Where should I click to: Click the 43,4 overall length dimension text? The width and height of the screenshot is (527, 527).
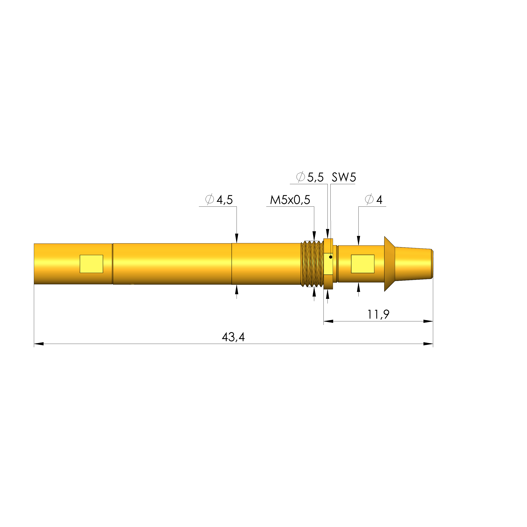pos(233,337)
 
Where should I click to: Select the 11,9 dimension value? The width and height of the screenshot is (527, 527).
pos(378,314)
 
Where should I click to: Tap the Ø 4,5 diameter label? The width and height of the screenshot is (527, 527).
pos(219,200)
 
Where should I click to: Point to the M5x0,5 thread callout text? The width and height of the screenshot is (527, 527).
pos(290,200)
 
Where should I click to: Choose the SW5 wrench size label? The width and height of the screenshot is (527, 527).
pos(344,177)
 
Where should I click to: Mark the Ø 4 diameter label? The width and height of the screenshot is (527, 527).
pos(374,200)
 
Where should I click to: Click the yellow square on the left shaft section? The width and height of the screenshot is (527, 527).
pos(91,264)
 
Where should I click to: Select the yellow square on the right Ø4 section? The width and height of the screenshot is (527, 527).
pos(362,264)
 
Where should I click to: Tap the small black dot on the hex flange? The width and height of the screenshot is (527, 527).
pos(331,257)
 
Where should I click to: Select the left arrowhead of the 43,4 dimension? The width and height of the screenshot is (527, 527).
pos(39,344)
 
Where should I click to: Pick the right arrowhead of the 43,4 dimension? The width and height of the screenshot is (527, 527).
pos(428,344)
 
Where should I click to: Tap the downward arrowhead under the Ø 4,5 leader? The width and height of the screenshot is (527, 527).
pos(237,238)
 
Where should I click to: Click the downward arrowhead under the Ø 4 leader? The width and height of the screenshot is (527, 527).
pos(358,241)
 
